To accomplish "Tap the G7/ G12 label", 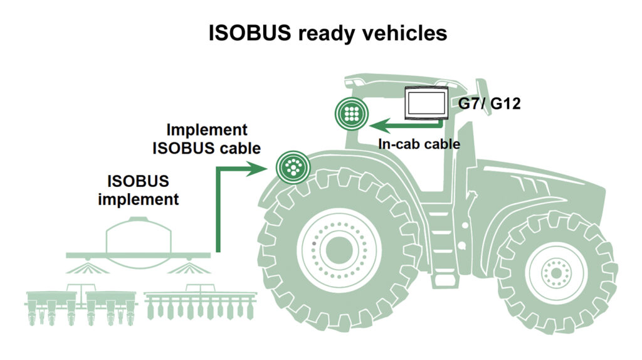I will (490, 102).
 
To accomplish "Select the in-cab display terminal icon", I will (426, 103).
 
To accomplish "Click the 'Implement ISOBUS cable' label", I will (206, 139).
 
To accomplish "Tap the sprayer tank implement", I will (138, 241).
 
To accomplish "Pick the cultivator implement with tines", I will (200, 303).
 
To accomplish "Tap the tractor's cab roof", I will (401, 81).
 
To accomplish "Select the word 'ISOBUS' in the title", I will (250, 33).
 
